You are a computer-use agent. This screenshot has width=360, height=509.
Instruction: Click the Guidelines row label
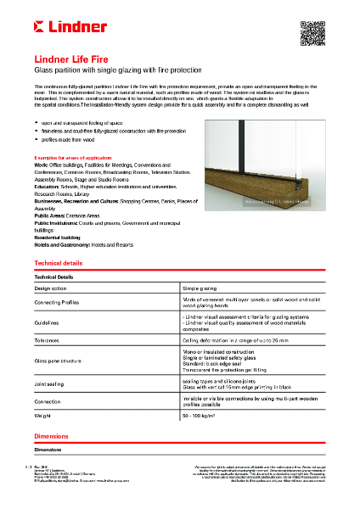point(47,323)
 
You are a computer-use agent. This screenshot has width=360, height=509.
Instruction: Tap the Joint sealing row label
point(50,383)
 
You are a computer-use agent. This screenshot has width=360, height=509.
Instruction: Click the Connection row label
point(48,401)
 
